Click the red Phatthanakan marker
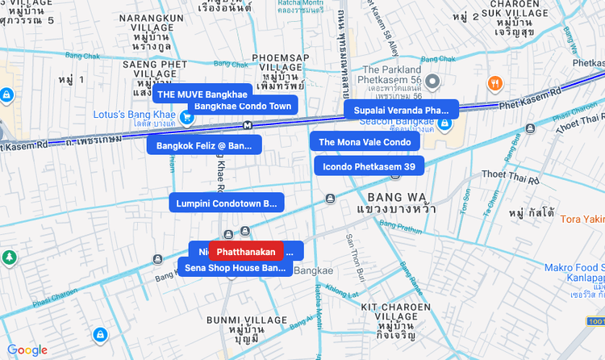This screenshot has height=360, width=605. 246,252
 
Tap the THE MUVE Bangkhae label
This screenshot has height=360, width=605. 202,94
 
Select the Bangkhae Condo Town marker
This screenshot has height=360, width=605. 243,106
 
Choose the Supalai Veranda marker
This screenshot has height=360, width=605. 401,110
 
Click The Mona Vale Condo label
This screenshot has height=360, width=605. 365,142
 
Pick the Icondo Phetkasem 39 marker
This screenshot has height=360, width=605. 369,167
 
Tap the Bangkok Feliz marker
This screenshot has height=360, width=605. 204,146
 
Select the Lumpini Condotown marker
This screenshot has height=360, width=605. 226,203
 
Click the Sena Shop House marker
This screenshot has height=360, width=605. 235,267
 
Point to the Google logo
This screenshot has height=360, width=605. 27,350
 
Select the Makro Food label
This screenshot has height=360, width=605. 573,268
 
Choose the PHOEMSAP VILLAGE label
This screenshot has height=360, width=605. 281,63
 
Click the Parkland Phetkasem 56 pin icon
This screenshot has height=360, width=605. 433,81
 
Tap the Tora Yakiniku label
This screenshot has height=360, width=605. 582,219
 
